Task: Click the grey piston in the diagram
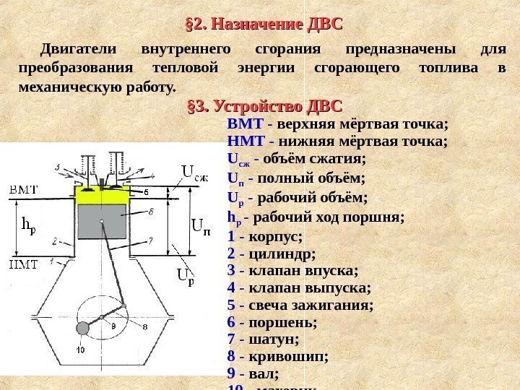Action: point(101,221)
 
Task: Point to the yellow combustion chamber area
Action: point(102,194)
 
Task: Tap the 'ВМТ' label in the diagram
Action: point(23,188)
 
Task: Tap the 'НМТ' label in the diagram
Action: point(24,264)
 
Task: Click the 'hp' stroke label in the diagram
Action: point(28,227)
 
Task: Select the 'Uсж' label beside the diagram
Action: point(194,173)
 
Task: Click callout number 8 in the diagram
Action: point(145,327)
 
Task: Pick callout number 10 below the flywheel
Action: point(80,350)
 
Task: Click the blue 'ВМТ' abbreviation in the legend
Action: point(243,124)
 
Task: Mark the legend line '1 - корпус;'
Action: point(264,236)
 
